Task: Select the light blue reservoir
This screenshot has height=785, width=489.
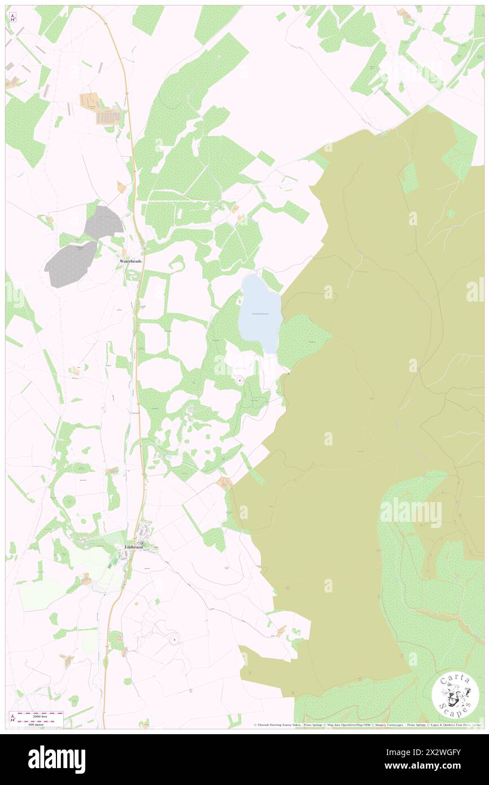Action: (259, 313)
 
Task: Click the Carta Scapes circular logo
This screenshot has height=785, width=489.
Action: (456, 696)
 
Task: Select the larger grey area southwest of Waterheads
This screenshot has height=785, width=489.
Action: (71, 264)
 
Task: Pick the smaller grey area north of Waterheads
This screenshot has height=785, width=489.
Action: (103, 222)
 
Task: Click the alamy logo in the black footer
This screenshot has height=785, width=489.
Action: (56, 760)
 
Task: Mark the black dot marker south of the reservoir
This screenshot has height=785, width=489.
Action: (241, 381)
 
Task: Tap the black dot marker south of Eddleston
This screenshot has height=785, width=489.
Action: (174, 639)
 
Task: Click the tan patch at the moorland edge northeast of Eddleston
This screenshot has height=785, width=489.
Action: (225, 482)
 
